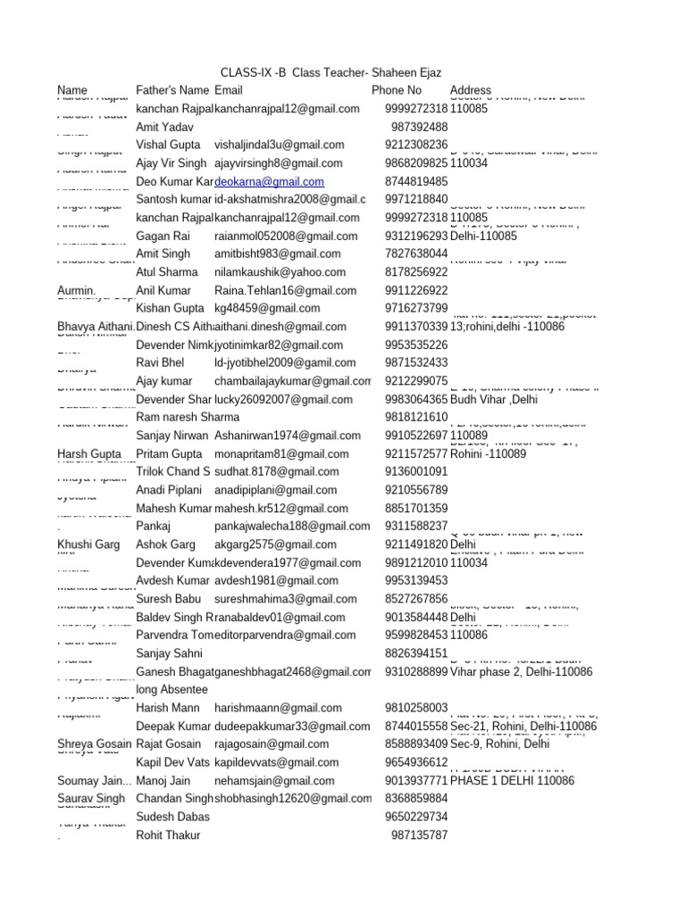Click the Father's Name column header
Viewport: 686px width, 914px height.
[x=171, y=90]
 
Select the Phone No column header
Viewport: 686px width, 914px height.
[x=397, y=90]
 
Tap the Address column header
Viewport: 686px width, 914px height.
[x=471, y=90]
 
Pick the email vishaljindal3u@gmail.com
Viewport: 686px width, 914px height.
[x=280, y=145]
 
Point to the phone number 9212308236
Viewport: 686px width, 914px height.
[x=416, y=145]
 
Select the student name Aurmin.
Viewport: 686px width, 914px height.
[x=76, y=290]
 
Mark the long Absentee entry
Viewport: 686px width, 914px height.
[x=171, y=690]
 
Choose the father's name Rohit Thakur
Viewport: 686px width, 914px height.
[x=168, y=835]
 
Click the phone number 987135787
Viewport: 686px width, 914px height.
[x=419, y=835]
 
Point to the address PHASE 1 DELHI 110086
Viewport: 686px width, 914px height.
[x=512, y=780]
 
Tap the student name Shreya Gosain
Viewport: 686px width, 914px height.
[x=94, y=744]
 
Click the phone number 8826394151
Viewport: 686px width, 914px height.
[x=416, y=653]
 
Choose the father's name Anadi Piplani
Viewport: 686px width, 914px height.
[x=169, y=490]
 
